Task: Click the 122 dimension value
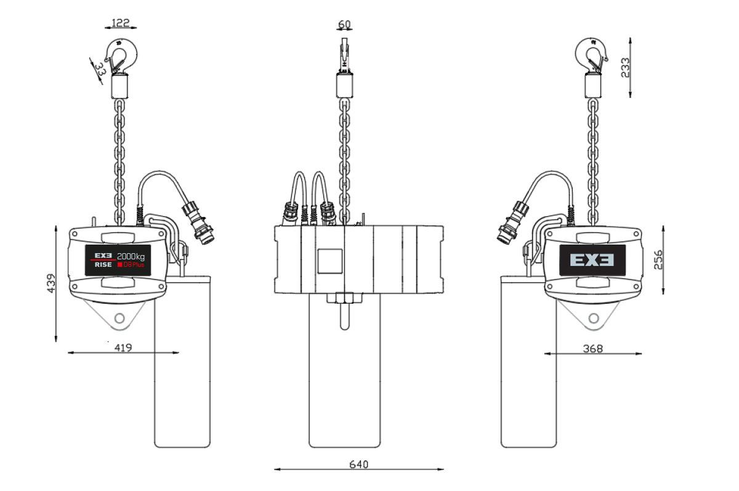click(x=120, y=23)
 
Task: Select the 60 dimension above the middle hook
click(x=344, y=25)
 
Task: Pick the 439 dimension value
click(x=51, y=282)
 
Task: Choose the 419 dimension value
click(x=123, y=347)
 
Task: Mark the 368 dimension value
click(x=593, y=349)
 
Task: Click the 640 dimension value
click(x=358, y=464)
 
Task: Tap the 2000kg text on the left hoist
click(x=131, y=255)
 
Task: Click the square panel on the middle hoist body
click(x=329, y=261)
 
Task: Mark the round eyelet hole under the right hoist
click(x=594, y=318)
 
